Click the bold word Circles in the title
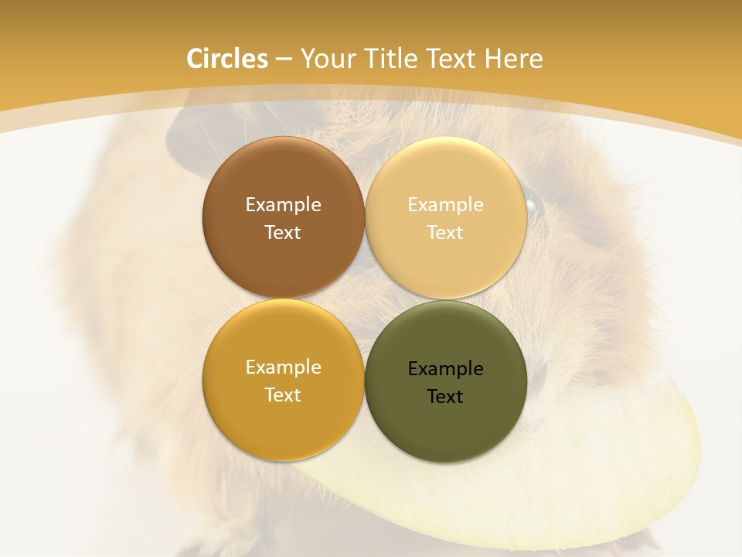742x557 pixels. pos(227,59)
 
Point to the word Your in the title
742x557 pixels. pos(326,59)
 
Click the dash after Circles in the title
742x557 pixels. pos(284,59)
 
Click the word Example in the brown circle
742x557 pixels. pos(283,205)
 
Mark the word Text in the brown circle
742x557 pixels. pos(283,233)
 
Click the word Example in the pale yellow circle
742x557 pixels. pos(445,205)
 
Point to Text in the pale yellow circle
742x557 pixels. pos(445,233)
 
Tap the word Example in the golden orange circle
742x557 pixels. pos(283,367)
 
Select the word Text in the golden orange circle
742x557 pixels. pos(283,395)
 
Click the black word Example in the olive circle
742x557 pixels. pos(445,369)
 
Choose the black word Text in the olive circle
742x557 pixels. pos(445,397)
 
